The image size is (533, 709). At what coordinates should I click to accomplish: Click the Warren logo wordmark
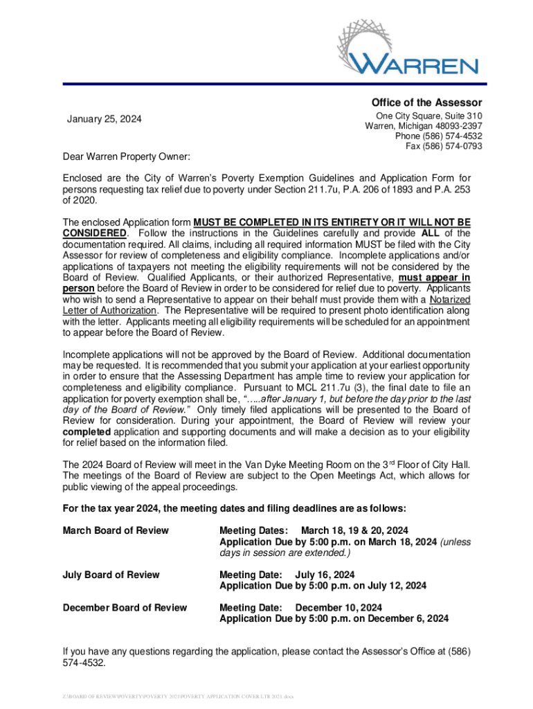tap(413, 66)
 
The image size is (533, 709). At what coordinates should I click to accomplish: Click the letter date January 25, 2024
tap(104, 120)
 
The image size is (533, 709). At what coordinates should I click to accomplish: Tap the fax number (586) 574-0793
tap(444, 146)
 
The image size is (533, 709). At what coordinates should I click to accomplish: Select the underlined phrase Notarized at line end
tap(450, 299)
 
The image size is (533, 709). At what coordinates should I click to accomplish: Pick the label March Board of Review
tap(116, 530)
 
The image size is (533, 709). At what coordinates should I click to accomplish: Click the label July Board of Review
tap(111, 575)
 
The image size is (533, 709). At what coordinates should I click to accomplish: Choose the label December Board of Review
tap(125, 607)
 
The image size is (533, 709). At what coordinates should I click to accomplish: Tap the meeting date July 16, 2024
tap(325, 575)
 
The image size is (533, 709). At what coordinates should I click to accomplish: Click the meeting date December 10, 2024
tap(338, 607)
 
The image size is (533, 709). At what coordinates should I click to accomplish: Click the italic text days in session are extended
tap(284, 553)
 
